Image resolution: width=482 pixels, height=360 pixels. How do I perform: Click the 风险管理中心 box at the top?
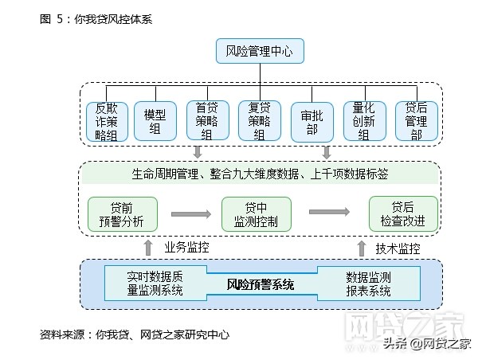pos(260,53)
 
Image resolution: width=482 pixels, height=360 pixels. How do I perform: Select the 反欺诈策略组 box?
pos(106,122)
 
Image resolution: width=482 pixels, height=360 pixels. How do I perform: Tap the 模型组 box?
pos(155,122)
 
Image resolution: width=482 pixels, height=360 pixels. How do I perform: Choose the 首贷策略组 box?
pos(206,122)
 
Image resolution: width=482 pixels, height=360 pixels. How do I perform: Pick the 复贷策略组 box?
pos(259,122)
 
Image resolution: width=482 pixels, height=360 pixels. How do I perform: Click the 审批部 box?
pos(312,122)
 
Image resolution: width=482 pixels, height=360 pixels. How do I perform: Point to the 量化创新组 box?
pos(364,122)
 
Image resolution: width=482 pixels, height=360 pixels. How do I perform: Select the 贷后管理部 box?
pos(416,122)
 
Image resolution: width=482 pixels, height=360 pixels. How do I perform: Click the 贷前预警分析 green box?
pos(123,213)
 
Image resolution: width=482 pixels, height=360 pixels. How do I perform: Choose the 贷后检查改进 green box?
pos(403,213)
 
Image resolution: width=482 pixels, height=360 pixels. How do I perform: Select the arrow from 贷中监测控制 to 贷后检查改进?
pos(329,212)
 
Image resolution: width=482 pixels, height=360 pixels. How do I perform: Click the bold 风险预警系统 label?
pos(261,284)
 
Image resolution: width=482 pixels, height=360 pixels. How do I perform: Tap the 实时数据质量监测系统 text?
pos(155,284)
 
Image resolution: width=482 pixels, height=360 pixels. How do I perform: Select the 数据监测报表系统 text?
pos(368,284)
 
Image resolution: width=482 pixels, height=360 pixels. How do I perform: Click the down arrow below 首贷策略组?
pos(198,152)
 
